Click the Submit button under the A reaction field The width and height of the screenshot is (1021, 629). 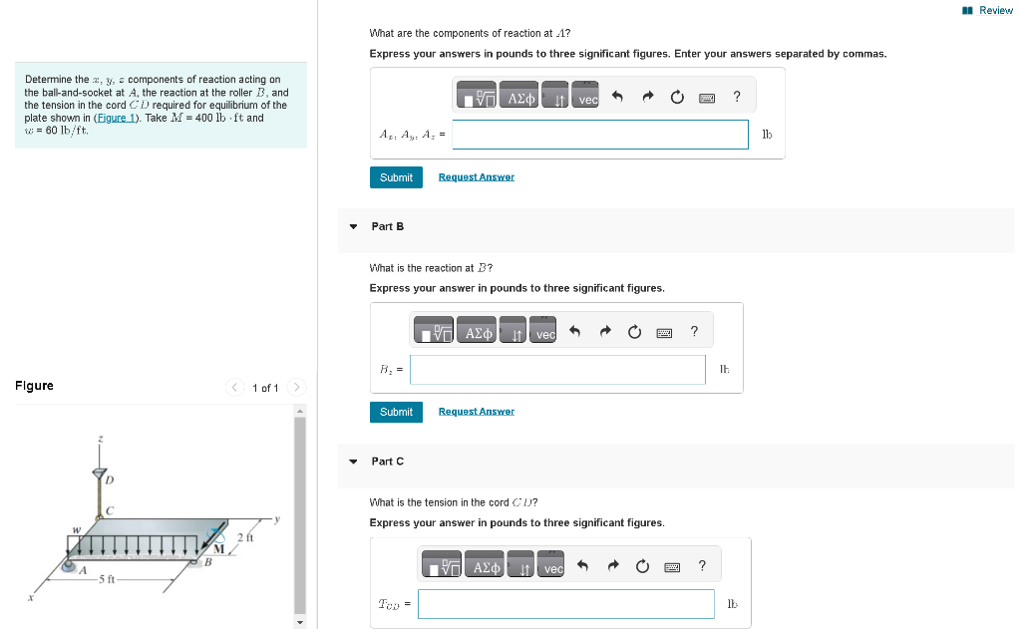tap(396, 177)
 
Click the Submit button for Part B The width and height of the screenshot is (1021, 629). tap(396, 412)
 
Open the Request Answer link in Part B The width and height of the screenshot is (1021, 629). tap(476, 412)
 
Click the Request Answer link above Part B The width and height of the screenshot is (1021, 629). tap(476, 177)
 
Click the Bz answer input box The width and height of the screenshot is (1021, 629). tap(557, 370)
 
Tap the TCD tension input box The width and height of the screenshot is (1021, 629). tap(565, 604)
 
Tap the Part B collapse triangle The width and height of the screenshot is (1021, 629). tap(353, 226)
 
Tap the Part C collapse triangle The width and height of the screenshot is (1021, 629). tap(353, 462)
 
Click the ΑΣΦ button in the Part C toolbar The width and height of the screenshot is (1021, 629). tap(486, 567)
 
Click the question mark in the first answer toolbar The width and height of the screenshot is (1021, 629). tap(737, 97)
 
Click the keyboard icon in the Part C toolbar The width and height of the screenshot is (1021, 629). tap(672, 567)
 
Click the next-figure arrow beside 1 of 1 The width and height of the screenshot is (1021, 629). tap(296, 388)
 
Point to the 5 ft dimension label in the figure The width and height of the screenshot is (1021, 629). tap(107, 580)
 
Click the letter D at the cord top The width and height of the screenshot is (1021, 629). tap(110, 480)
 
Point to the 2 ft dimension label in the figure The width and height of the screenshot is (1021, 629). tap(245, 538)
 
